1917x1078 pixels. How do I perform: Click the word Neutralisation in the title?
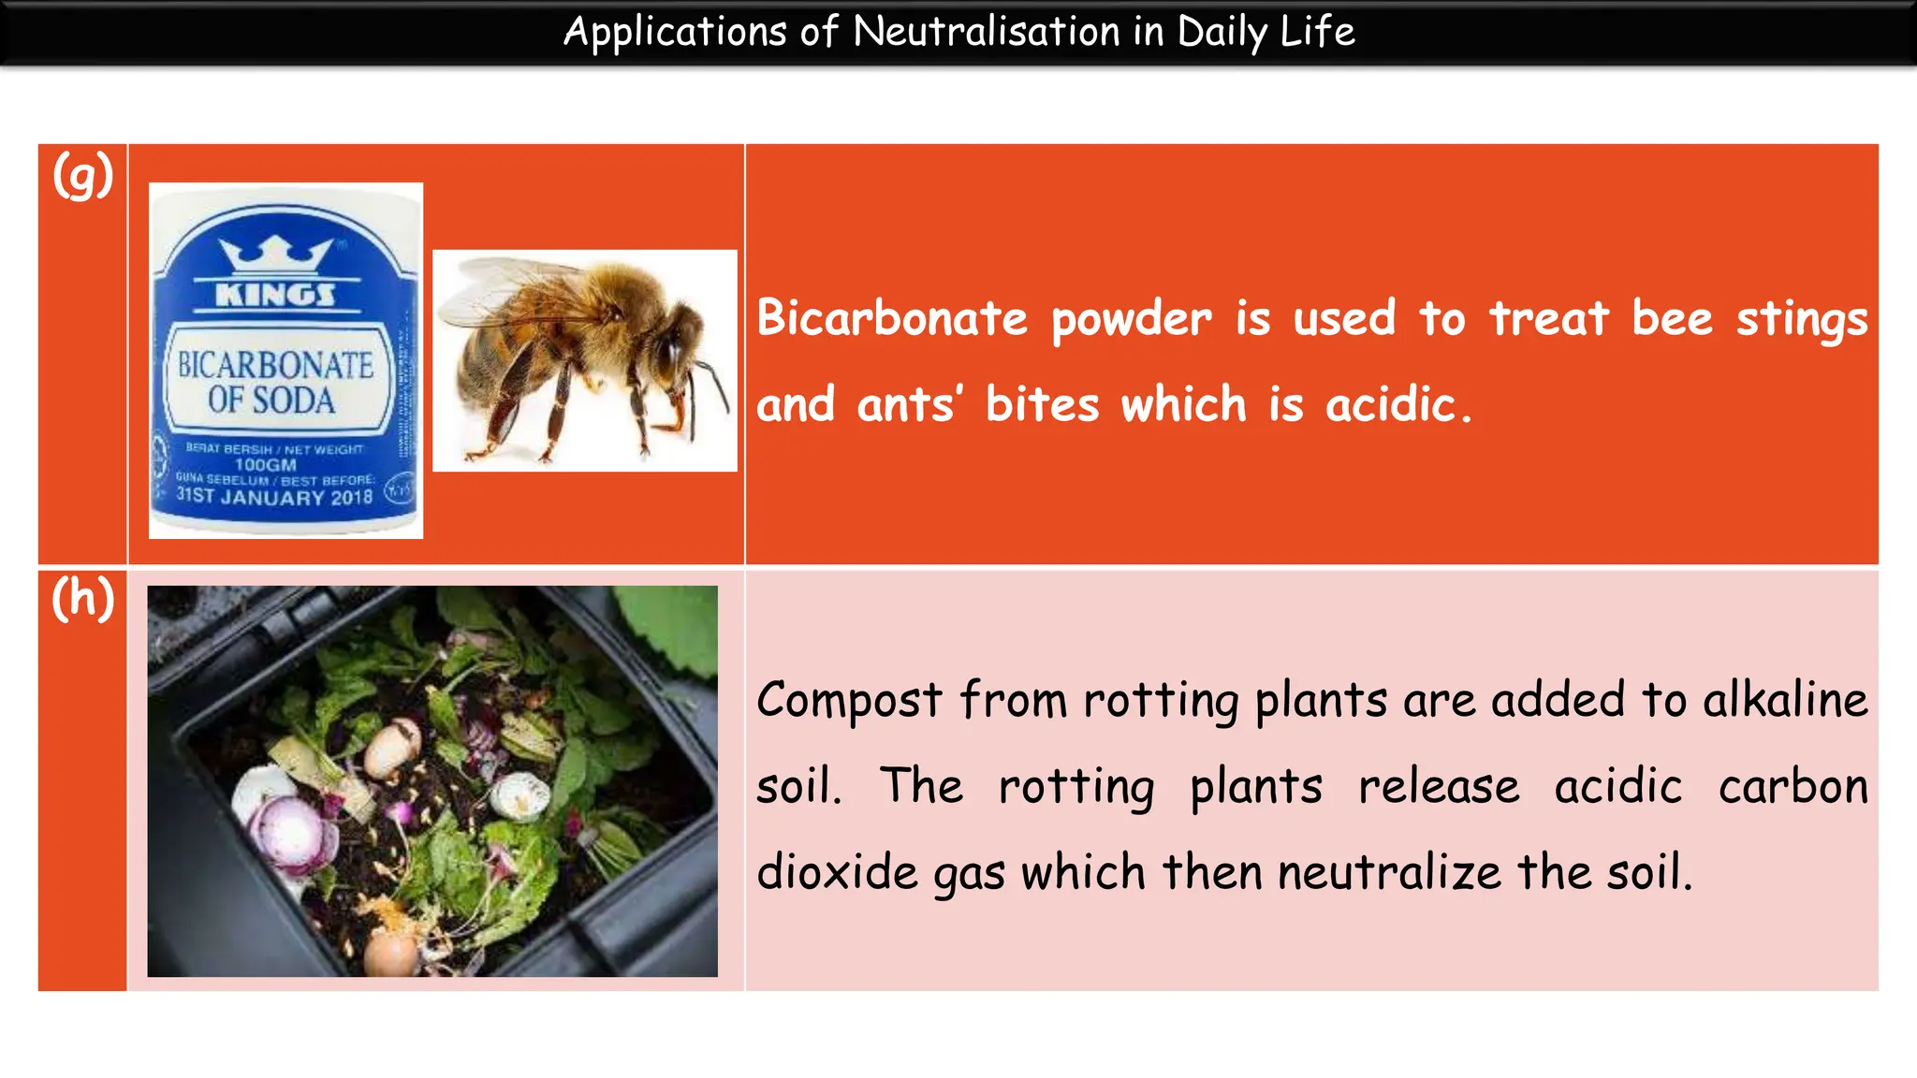pos(986,31)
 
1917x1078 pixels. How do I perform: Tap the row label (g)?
pos(82,175)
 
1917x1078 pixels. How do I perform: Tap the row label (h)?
pos(82,598)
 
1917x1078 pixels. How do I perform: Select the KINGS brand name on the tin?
pos(275,296)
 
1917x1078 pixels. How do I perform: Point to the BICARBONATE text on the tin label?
pos(275,365)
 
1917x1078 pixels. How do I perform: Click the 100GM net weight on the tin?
pos(265,465)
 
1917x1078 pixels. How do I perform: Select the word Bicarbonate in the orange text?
pos(891,318)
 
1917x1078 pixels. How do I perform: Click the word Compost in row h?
pos(849,700)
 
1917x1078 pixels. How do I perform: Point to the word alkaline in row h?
pos(1784,700)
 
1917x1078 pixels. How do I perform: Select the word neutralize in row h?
pos(1389,872)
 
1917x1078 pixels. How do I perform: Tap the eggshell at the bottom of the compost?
pos(388,954)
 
